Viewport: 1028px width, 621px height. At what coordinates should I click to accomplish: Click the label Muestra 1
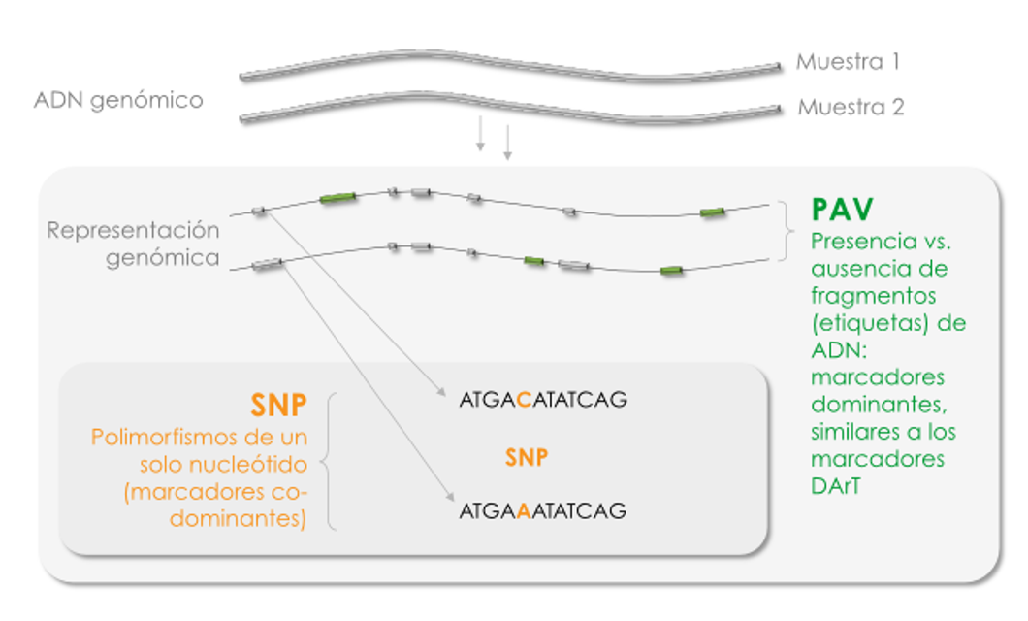(849, 62)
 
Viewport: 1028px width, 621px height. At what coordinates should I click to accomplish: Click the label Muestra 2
(851, 107)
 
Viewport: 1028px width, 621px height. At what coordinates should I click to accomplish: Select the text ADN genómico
(118, 100)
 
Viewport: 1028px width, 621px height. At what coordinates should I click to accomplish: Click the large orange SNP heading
(279, 407)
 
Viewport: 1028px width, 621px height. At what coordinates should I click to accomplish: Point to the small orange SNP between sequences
(526, 457)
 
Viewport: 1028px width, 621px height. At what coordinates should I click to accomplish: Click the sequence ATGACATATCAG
(543, 399)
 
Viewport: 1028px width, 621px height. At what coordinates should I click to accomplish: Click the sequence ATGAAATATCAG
(542, 510)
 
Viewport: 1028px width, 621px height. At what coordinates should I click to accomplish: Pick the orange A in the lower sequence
(523, 510)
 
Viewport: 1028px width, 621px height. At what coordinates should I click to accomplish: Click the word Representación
(133, 231)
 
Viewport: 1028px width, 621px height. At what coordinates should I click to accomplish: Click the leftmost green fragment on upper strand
(337, 198)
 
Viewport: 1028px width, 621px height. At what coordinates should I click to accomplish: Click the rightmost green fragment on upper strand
(713, 212)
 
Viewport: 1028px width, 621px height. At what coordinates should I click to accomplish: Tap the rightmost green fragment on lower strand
(671, 270)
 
